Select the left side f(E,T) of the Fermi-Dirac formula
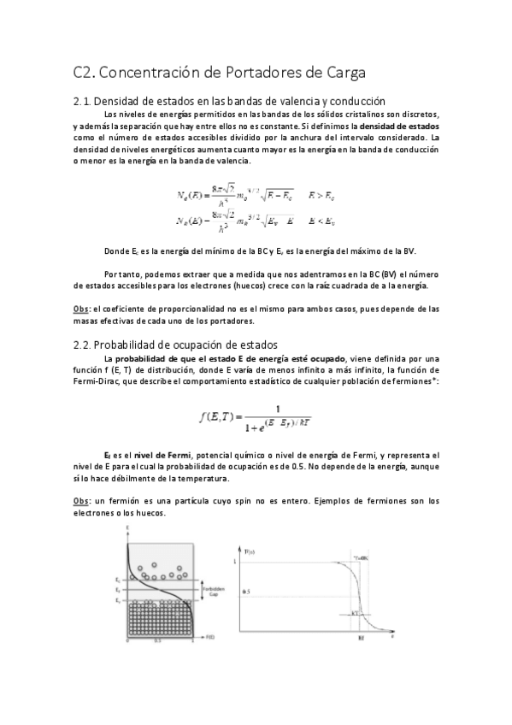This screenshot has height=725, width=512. (217, 416)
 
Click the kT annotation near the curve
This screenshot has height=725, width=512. (355, 613)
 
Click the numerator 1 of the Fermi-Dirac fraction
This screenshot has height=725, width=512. (278, 408)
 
